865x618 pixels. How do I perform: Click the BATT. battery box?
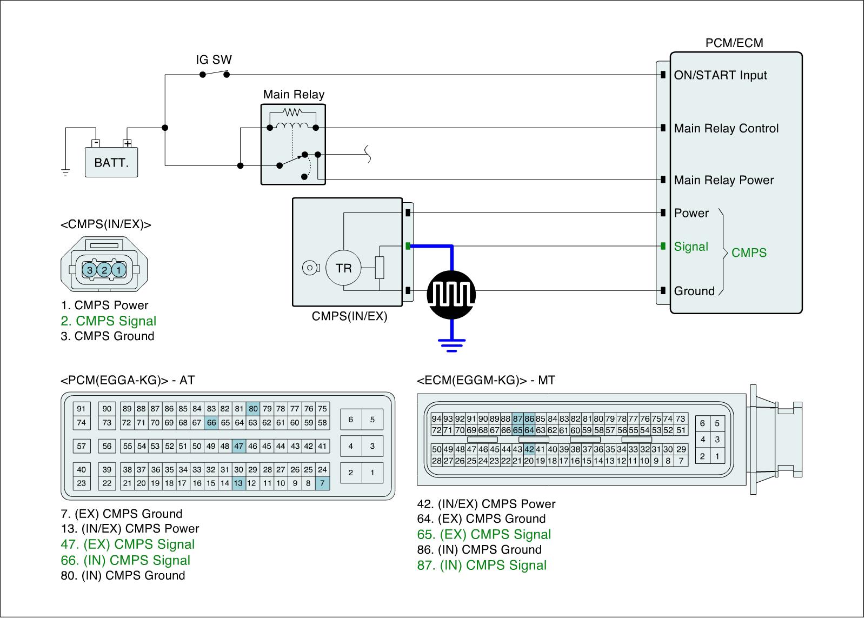pos(111,162)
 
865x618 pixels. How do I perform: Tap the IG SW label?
pos(214,59)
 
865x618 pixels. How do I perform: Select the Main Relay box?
pos(293,144)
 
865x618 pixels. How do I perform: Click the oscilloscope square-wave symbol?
pos(451,295)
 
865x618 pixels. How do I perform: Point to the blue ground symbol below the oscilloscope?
pos(452,344)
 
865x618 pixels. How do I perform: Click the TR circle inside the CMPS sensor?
pos(344,268)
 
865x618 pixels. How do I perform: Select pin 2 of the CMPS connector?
pos(104,269)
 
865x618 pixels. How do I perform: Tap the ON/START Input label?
pos(720,75)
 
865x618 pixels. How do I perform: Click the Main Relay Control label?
pos(726,129)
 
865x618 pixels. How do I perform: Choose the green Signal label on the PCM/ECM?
pos(691,247)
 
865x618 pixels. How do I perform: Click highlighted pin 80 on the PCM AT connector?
pos(253,409)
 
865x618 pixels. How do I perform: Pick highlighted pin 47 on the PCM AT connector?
pos(239,446)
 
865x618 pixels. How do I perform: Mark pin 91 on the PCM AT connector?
pos(81,409)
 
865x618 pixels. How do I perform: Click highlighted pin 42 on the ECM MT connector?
pos(529,449)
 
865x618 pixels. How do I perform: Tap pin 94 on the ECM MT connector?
pos(436,418)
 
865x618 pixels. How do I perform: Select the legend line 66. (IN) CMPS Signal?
pos(125,560)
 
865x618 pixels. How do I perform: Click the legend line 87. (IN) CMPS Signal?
pos(482,565)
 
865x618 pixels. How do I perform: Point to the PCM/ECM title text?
pos(734,43)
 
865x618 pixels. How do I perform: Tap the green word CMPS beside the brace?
pos(749,252)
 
